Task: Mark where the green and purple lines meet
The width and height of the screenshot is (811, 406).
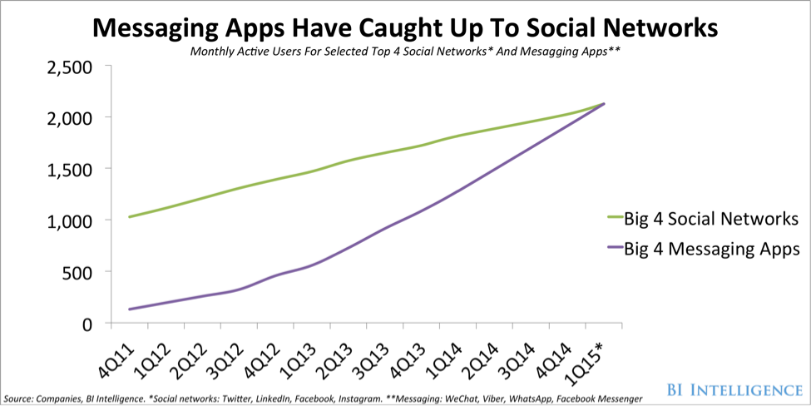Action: (603, 104)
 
